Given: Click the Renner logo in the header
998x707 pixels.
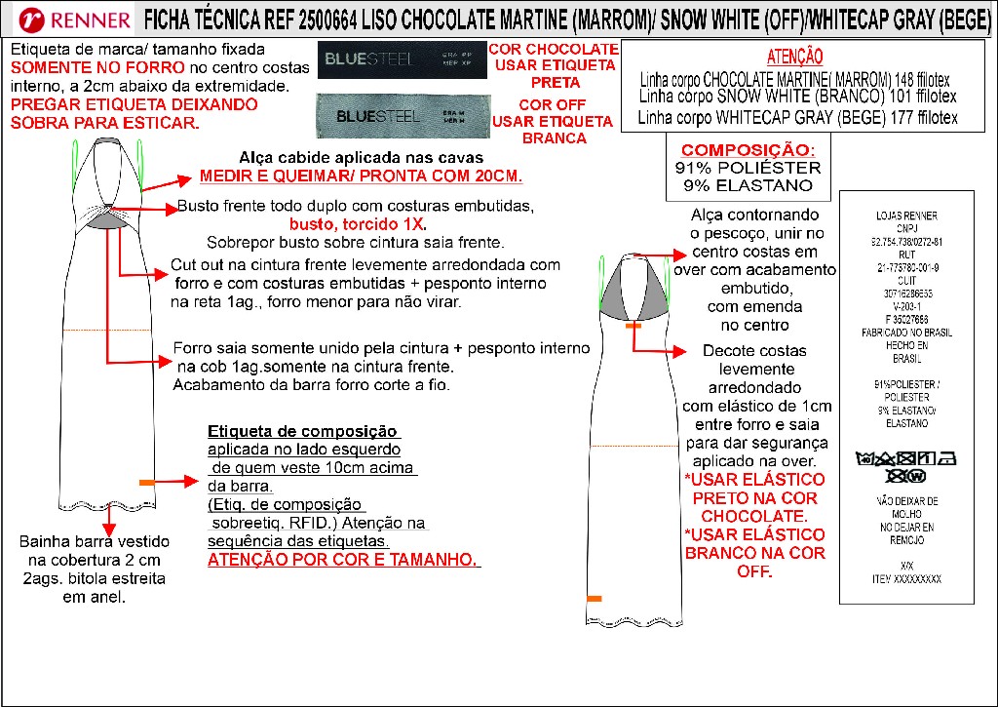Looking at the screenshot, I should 73,20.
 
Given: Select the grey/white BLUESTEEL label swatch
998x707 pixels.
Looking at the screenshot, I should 399,116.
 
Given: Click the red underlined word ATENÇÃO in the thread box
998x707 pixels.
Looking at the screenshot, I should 794,58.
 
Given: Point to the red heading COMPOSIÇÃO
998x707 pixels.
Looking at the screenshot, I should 747,150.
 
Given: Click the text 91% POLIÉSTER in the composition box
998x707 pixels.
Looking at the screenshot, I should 748,168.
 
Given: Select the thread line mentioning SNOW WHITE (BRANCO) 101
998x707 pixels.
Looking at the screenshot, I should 797,97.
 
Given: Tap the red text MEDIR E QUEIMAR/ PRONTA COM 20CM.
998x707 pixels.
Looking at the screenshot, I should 361,177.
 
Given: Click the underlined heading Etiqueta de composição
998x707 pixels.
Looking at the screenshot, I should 303,432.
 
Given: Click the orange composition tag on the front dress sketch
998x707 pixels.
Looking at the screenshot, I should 147,483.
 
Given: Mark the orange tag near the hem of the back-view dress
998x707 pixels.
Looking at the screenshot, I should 594,598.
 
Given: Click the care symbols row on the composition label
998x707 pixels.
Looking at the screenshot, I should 906,465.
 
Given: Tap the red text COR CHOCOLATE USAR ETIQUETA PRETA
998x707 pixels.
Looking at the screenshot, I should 553,65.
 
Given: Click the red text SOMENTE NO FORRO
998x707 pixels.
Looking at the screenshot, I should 77,68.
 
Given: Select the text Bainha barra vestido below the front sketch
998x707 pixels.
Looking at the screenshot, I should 95,541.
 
